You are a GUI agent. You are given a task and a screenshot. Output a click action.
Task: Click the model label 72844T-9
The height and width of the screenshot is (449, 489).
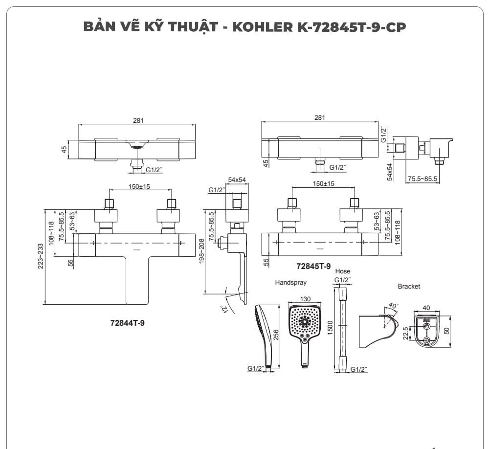click(128, 323)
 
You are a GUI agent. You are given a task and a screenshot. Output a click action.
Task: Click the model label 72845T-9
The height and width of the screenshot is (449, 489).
click(313, 266)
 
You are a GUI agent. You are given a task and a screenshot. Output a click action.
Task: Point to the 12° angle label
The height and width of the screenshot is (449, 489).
click(224, 310)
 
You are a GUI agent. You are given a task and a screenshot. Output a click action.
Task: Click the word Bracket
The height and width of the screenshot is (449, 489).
click(409, 286)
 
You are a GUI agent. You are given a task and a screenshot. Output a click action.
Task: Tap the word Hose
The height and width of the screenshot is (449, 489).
click(343, 271)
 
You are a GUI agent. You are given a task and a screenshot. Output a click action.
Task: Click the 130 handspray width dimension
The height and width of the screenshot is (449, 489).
click(305, 299)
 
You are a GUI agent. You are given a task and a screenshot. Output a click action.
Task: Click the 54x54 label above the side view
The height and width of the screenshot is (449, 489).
click(237, 180)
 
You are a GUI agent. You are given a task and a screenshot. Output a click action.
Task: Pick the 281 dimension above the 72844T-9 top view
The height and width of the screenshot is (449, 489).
click(138, 120)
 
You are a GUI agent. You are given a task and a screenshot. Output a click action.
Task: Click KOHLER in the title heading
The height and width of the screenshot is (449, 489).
click(264, 26)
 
